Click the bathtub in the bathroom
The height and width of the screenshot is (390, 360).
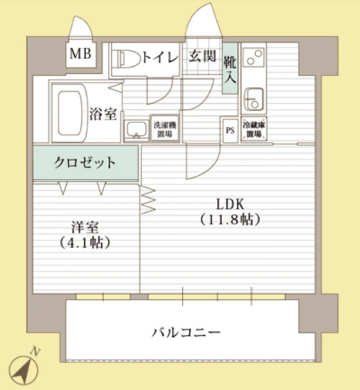(69, 112)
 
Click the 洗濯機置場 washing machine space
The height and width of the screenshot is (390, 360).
(164, 130)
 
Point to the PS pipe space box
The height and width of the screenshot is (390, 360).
(229, 130)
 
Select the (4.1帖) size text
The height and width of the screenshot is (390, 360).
(85, 243)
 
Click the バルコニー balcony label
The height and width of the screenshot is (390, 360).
(186, 332)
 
